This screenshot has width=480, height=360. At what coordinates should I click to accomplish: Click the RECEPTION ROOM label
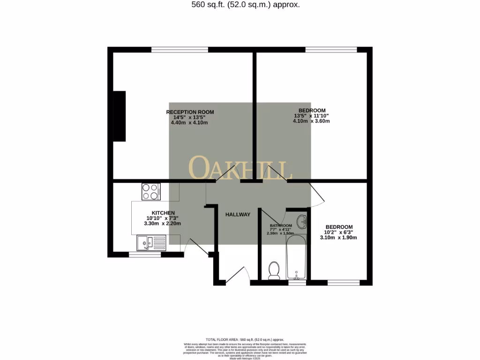pos(190,112)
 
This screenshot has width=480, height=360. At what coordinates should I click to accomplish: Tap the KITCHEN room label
pos(163,213)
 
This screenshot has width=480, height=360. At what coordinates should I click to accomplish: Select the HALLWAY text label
pos(238,214)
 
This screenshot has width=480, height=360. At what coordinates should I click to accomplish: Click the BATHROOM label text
pos(281,225)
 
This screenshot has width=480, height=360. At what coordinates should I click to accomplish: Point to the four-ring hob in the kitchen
pos(150,191)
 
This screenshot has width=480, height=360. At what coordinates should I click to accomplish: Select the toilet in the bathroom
pos(274,270)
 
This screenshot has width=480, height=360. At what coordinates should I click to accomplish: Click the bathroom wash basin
pos(303,222)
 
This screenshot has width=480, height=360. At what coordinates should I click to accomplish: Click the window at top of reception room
pos(180,50)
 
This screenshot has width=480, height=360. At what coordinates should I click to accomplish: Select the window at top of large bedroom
pos(331,50)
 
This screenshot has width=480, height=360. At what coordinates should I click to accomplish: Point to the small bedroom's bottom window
pos(344,283)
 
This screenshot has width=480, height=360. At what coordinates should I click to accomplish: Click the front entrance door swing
pos(238,276)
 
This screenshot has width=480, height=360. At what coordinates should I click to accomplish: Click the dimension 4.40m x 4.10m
pos(189,123)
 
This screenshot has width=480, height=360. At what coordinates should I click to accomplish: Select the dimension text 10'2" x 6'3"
pos(339,232)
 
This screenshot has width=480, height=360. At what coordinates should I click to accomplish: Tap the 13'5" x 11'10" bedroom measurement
pos(312,116)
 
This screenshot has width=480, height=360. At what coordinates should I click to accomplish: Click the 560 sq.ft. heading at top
pos(239,5)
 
